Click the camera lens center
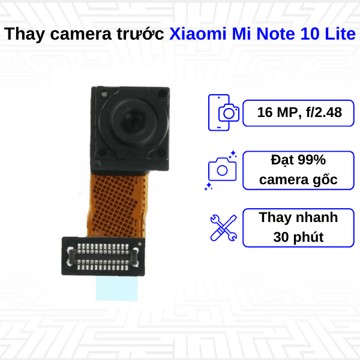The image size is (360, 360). point(130,114)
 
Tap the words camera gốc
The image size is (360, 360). point(298,179)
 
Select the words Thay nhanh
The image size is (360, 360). point(298,217)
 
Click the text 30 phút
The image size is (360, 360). point(298,237)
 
